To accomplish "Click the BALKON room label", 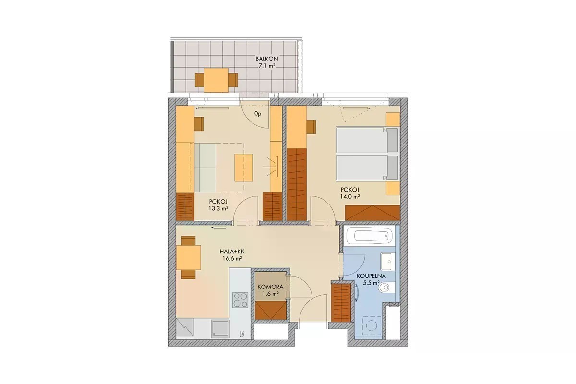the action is coord(267,59).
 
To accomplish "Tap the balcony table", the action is coord(216,80).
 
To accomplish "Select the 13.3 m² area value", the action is coord(218,208).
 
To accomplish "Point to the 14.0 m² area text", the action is coord(350,196).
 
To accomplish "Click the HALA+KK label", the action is coord(232,252).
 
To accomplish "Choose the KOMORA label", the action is coord(270,287).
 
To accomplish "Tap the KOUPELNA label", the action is coord(371,276).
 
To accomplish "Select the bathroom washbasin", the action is coord(388,262).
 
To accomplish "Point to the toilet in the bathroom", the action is coord(387,288).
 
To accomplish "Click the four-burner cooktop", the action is coord(240,300).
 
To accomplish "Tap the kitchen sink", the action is coord(220,329).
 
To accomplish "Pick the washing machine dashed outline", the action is coord(372,326).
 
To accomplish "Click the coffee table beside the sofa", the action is coord(244,168).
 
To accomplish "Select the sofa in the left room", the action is coord(205,168).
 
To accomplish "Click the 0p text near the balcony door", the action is coord(258,114).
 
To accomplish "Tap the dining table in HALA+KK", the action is coord(188,257).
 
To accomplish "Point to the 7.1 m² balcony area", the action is coord(267,66).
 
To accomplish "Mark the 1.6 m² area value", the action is coord(271,293).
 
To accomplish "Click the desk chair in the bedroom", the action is coord(311,127).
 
